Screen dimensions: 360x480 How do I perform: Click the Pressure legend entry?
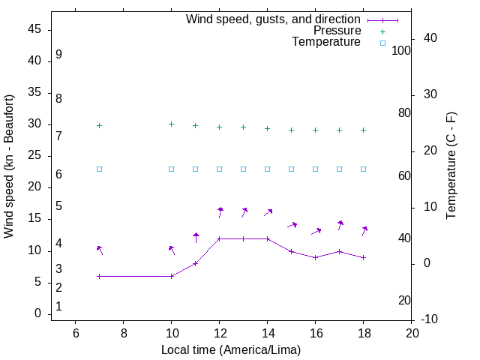[x=337, y=31]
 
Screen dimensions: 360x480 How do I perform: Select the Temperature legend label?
[x=326, y=42]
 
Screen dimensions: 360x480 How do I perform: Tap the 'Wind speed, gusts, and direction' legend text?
[x=274, y=19]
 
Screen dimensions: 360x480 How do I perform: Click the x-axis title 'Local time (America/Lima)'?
[x=231, y=349]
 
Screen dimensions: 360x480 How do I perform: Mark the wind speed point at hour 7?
[x=99, y=276]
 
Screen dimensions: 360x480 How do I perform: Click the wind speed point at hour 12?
[x=219, y=238]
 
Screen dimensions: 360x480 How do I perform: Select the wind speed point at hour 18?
[x=363, y=257]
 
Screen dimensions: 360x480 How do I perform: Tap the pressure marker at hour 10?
[x=171, y=124]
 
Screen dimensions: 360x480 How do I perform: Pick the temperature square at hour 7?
[x=99, y=169]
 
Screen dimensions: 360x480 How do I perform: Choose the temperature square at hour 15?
[x=291, y=169]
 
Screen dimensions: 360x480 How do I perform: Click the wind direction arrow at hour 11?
[x=196, y=238]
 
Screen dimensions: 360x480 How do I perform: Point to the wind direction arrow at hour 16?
[x=316, y=231]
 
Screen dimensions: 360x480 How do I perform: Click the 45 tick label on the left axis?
[x=35, y=29]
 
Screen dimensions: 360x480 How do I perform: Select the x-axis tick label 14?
[x=267, y=333]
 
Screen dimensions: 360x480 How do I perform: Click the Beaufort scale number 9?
[x=58, y=55]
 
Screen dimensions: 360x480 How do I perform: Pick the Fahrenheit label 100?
[x=402, y=50]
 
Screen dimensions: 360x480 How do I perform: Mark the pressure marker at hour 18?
[x=363, y=130]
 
